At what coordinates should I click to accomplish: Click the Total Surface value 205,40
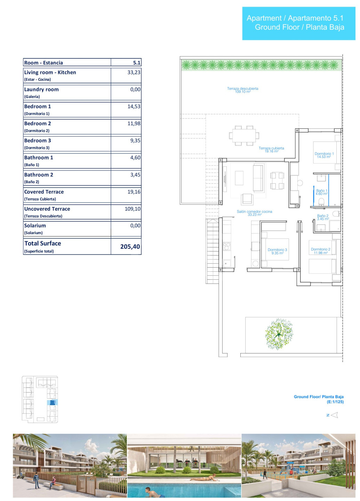(130, 247)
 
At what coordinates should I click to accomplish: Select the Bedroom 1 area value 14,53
(134, 106)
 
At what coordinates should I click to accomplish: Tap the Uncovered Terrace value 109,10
(133, 209)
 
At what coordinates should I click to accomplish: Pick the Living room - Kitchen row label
(50, 72)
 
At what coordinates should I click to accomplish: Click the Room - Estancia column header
(43, 63)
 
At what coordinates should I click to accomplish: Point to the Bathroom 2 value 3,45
(135, 175)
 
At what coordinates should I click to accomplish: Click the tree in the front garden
(279, 334)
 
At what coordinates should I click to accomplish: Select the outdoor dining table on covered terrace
(244, 136)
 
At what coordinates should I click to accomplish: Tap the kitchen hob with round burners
(227, 246)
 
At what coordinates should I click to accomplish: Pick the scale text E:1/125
(335, 402)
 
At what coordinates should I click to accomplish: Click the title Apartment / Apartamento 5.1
(295, 18)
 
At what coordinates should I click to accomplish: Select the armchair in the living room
(247, 199)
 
